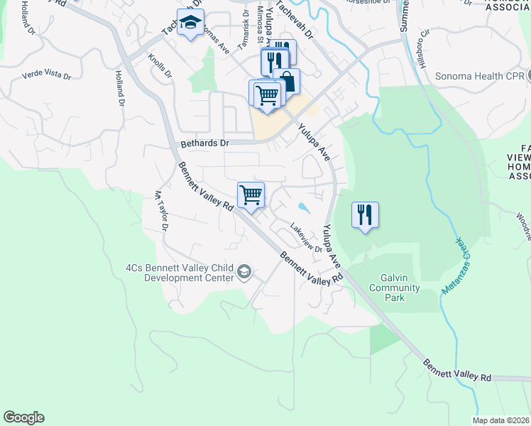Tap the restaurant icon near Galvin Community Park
365,214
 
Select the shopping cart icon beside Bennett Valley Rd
251,194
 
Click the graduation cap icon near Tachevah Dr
190,23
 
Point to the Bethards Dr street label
205,143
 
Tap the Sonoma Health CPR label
479,76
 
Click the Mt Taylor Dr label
160,211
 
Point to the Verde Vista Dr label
47,75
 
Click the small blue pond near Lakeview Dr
304,208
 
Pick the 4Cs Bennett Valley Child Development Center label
180,273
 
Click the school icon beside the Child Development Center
244,272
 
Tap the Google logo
23,417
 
